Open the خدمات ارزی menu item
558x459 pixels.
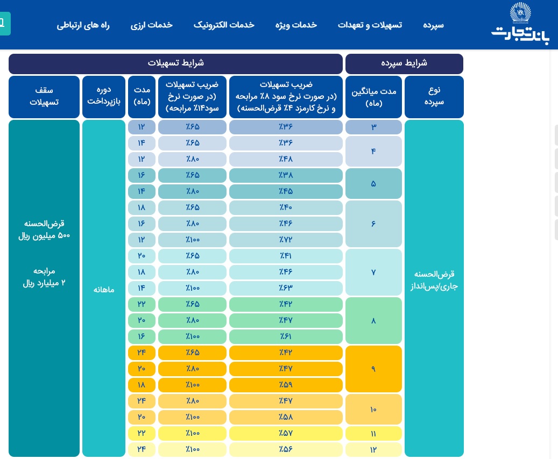tap(151, 25)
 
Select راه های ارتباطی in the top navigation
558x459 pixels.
tap(83, 25)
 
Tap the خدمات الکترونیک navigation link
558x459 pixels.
tap(224, 25)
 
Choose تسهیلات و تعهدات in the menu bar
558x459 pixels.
tap(370, 25)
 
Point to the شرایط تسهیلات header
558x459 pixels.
tap(176, 64)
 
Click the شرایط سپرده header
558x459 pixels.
tap(404, 64)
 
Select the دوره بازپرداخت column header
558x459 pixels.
tap(104, 97)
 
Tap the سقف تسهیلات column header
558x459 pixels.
tap(44, 97)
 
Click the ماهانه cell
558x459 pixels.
tap(104, 288)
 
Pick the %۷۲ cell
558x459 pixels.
tap(286, 240)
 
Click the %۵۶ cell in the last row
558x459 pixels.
tap(286, 449)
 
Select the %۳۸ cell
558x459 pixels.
tap(286, 176)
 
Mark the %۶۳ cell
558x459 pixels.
tap(286, 288)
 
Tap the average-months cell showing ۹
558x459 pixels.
tap(373, 369)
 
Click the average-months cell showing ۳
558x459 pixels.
tap(373, 127)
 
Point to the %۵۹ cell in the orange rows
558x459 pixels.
tap(286, 385)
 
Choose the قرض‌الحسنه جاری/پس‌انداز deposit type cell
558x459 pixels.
tap(434, 280)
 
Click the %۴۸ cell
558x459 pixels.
tap(286, 160)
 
